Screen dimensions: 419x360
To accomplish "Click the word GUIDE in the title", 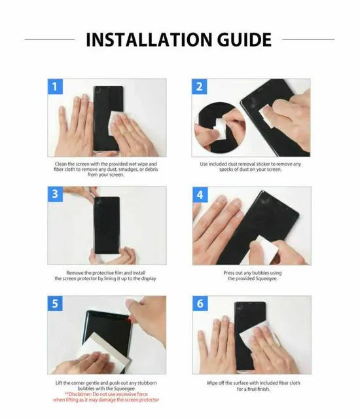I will pos(238,39).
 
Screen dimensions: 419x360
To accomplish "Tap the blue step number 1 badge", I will pos(56,87).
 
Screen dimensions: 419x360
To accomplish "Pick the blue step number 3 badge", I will pos(56,194).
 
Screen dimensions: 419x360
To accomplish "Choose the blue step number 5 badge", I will pos(56,304).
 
